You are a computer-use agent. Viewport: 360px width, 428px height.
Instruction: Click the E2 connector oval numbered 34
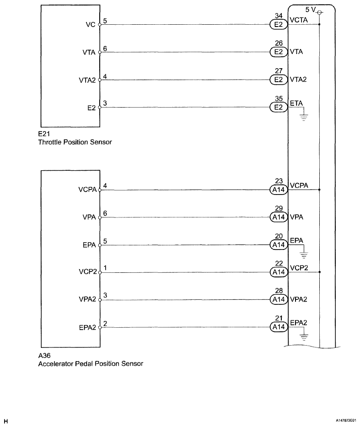pyautogui.click(x=278, y=25)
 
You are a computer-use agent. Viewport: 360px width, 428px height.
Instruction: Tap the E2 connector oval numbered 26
pyautogui.click(x=278, y=52)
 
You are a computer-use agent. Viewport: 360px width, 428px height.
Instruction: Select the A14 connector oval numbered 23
pyautogui.click(x=278, y=190)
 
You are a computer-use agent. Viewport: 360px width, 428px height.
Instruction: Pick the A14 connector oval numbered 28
pyautogui.click(x=278, y=299)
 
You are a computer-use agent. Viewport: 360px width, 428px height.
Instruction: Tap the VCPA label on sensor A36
pyautogui.click(x=88, y=190)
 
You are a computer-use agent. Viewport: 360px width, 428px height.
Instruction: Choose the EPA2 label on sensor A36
pyautogui.click(x=88, y=327)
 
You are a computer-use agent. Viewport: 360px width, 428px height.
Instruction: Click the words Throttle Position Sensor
pyautogui.click(x=75, y=142)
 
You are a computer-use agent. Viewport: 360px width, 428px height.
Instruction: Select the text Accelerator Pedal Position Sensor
pyautogui.click(x=91, y=364)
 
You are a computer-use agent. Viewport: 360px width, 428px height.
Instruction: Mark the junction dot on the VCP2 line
pyautogui.click(x=319, y=272)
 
